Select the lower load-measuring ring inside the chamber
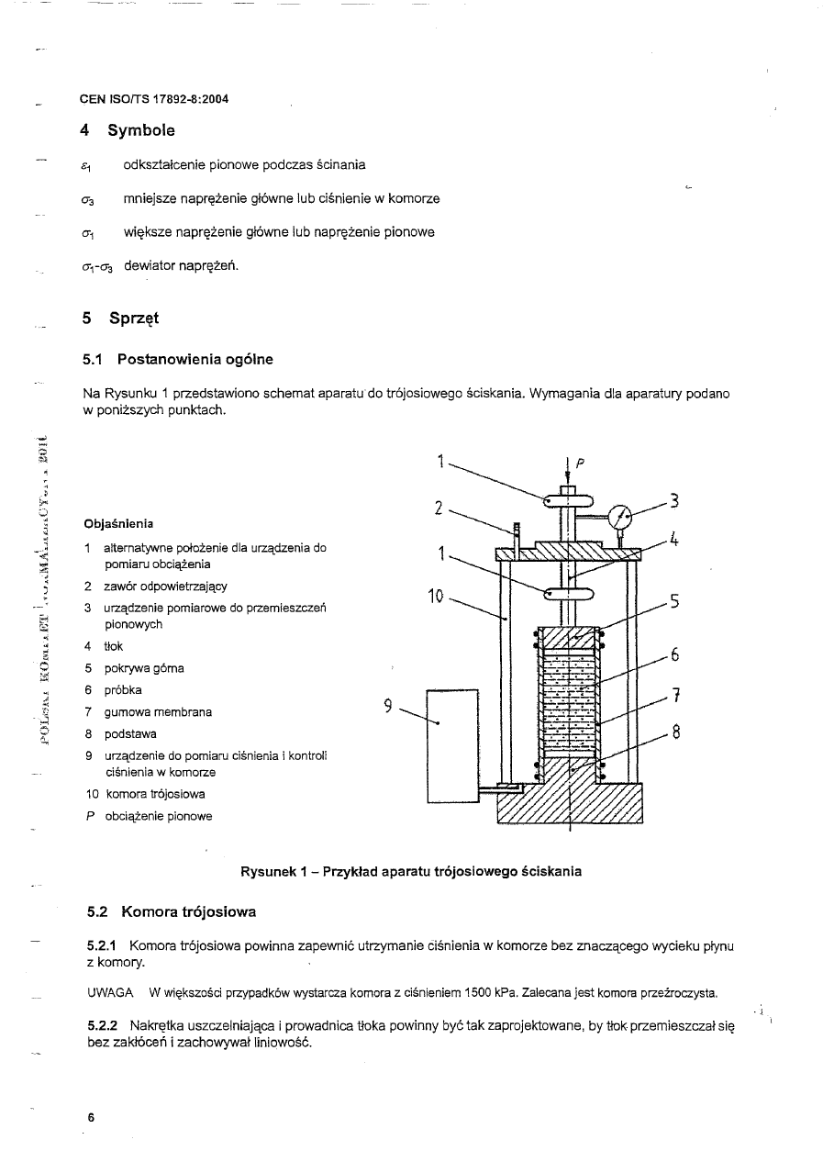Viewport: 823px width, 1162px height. point(569,594)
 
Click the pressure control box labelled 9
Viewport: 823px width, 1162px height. point(453,745)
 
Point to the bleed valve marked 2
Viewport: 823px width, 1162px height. point(517,536)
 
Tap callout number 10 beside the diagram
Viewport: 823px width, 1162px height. point(436,598)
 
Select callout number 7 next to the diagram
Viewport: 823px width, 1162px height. point(675,696)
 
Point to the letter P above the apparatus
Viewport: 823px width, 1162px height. point(580,463)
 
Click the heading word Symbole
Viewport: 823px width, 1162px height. point(141,130)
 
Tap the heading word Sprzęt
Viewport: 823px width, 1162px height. point(133,318)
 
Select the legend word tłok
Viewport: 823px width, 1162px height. point(114,646)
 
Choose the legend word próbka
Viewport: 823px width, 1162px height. point(123,690)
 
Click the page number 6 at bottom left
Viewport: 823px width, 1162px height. point(91,1118)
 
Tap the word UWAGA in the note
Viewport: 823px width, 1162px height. point(109,993)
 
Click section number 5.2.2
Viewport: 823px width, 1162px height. point(102,1025)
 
